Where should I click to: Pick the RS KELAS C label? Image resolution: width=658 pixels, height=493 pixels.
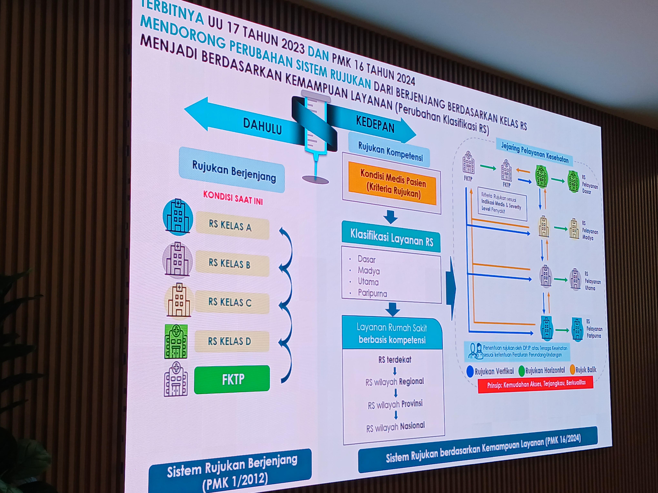point(232,302)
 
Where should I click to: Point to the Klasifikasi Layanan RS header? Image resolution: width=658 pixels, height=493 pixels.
point(391,238)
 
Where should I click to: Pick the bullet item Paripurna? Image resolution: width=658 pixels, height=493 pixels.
point(372,293)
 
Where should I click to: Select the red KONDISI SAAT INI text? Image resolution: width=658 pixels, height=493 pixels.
point(233,198)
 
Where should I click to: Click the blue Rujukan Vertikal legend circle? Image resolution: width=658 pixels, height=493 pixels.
point(470,372)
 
